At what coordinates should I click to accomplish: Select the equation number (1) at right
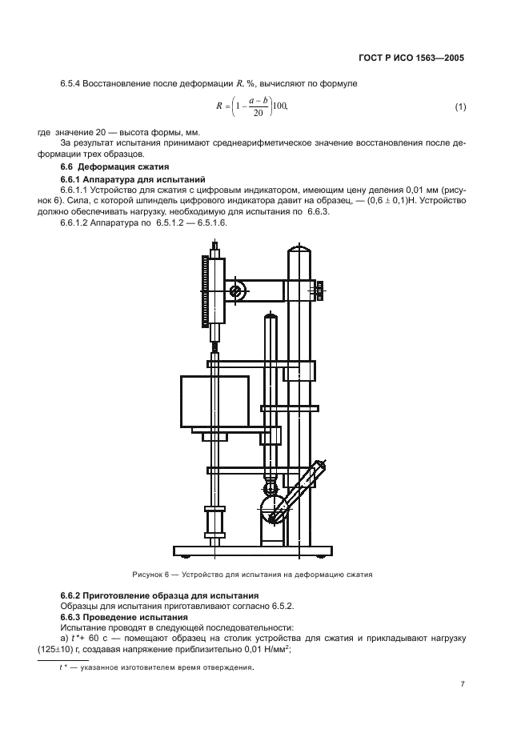pos(460,107)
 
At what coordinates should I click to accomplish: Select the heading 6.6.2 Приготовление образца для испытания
pos(159,596)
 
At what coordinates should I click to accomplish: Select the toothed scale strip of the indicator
pos(204,292)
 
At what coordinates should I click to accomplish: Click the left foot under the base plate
pos(183,557)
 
